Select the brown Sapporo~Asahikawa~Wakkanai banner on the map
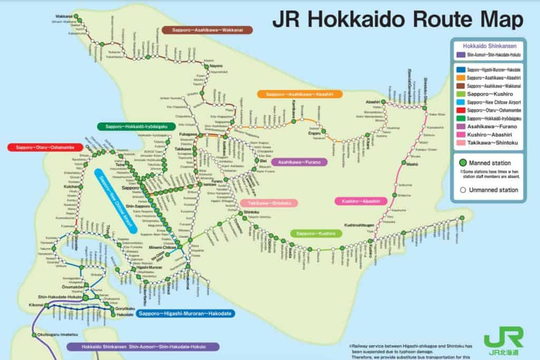tap(207, 30)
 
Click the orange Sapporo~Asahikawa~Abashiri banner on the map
tap(300, 94)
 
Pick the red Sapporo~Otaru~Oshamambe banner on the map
tap(45, 147)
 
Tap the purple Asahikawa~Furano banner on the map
tap(300, 162)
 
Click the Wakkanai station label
tap(63, 16)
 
